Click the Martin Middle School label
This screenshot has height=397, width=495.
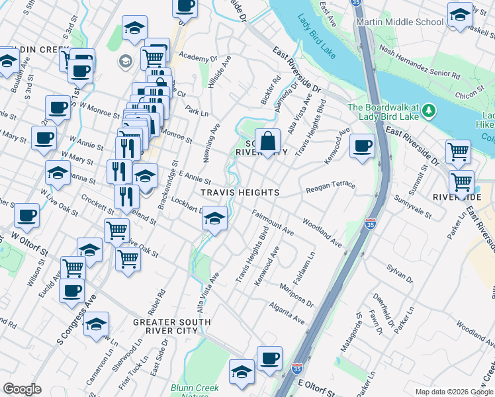(x=399, y=22)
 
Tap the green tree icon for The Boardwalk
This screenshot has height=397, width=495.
(x=429, y=109)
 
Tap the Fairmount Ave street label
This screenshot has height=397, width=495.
(x=273, y=223)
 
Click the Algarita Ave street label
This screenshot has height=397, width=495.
(x=287, y=313)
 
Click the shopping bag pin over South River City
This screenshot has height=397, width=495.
(x=267, y=142)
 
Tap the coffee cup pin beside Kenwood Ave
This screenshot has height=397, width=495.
(x=361, y=146)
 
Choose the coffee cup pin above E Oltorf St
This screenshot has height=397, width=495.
(x=269, y=359)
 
